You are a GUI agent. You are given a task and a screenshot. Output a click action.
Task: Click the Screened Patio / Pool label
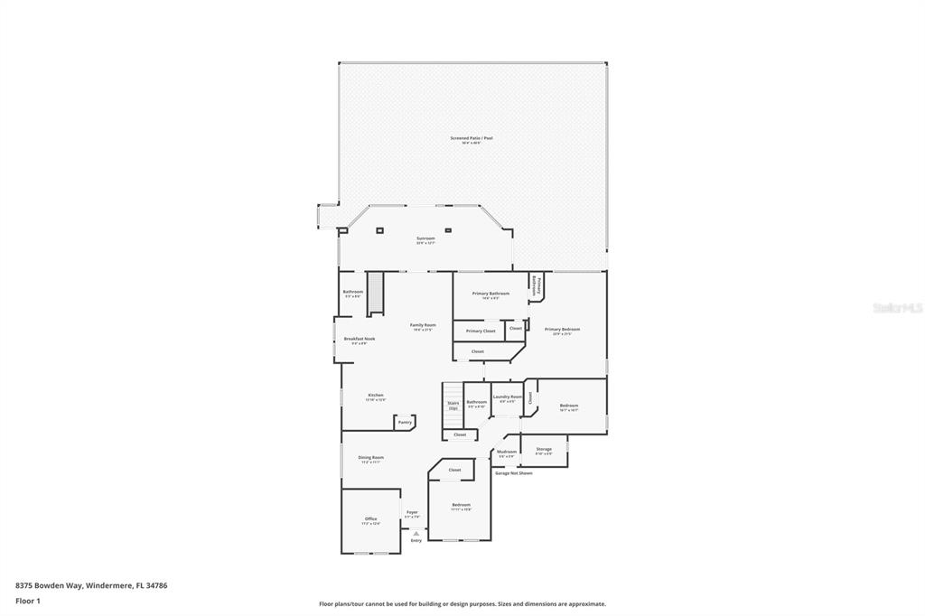tap(472, 138)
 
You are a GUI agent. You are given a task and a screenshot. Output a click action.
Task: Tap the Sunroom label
tap(425, 238)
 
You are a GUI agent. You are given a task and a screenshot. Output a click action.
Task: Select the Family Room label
tap(423, 325)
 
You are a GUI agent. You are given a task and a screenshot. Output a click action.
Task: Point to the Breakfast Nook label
tap(359, 339)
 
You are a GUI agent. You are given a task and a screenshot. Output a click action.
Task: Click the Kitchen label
tap(376, 396)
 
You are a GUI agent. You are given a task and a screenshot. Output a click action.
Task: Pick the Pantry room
tap(405, 422)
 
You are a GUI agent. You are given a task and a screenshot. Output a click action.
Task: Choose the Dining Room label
tap(371, 458)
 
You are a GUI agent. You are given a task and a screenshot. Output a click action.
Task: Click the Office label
tap(371, 518)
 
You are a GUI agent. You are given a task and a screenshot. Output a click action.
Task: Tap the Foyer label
tap(412, 512)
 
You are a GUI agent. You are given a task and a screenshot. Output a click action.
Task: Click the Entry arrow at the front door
tap(416, 534)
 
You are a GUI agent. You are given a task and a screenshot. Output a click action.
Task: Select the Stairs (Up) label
tap(453, 406)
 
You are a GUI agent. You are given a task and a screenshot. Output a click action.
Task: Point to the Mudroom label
tap(507, 452)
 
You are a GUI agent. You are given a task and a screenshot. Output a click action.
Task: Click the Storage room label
tap(544, 449)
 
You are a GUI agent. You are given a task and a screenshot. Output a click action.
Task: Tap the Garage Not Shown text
tap(513, 472)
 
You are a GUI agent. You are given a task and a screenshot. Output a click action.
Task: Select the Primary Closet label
tap(481, 331)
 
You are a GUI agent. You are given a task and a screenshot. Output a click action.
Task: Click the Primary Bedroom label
tap(562, 330)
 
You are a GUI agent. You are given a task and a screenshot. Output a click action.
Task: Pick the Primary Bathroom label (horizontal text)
tap(491, 294)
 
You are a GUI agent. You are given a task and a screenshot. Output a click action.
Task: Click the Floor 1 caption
tap(28, 600)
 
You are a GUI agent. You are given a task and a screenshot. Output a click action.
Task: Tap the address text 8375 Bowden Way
tap(50, 585)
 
